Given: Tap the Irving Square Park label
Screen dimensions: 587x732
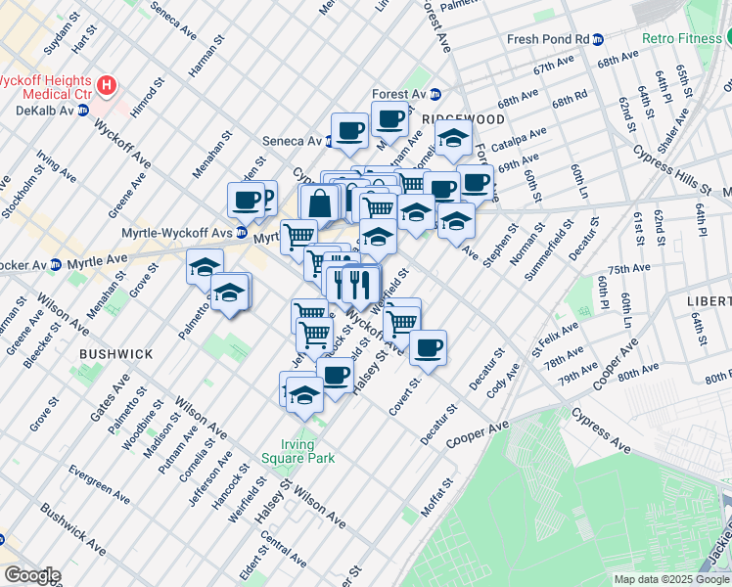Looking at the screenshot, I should point(298,451).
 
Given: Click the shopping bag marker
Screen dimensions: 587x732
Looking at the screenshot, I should point(320,204).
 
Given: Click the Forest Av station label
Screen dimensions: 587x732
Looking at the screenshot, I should point(397,94).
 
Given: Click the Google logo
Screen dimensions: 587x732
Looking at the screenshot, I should point(32,574).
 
